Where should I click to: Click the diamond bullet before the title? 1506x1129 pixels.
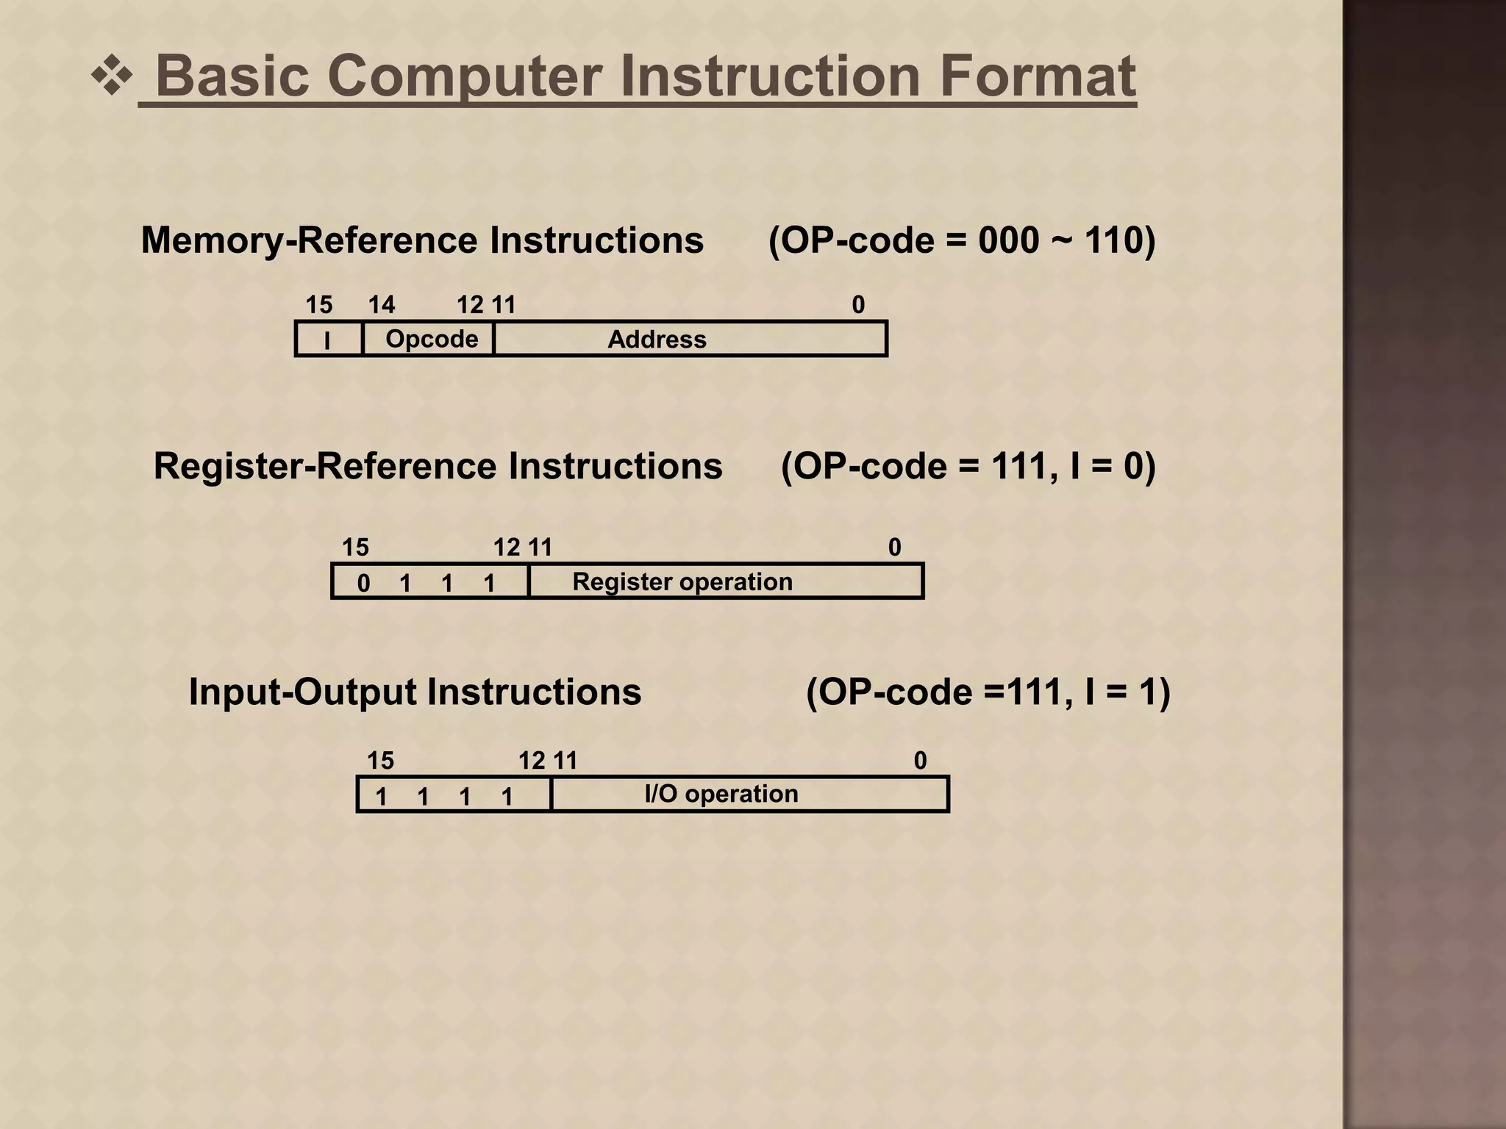pos(112,76)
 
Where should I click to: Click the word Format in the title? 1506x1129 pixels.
pos(1038,76)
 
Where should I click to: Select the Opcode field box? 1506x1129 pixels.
pos(431,339)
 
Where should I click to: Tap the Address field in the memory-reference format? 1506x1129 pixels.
pos(656,340)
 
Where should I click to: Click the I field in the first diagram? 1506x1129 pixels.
pos(328,340)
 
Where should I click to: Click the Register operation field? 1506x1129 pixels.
pos(682,581)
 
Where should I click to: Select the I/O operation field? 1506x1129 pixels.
pos(721,794)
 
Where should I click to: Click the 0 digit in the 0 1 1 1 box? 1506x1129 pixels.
pos(363,584)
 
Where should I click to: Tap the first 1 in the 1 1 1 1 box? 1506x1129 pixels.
pos(381,796)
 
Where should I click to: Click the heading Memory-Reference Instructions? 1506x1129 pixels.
pos(422,241)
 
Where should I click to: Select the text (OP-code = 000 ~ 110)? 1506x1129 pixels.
pos(961,241)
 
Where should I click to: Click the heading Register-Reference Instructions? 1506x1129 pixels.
pos(438,467)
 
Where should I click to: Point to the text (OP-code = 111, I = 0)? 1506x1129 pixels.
pos(968,467)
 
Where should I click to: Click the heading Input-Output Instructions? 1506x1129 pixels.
pos(415,692)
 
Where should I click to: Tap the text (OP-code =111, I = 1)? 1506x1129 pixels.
pos(988,692)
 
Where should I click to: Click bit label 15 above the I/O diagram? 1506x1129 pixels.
pos(380,761)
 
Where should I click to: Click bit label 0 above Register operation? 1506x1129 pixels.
pos(894,548)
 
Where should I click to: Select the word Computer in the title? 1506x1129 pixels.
pos(465,76)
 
